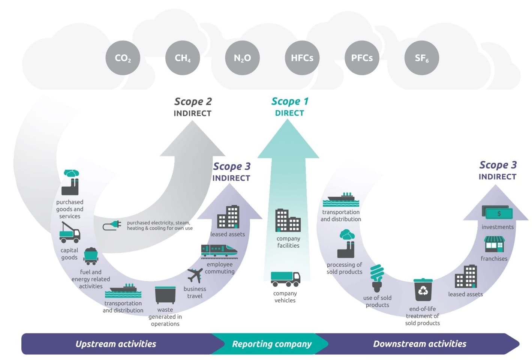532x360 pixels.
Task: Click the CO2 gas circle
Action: (x=123, y=58)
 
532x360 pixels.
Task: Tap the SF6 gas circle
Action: (x=421, y=58)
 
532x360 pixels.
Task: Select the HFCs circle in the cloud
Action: (x=302, y=58)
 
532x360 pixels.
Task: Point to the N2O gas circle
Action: (x=242, y=58)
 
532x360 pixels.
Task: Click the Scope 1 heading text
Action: (x=290, y=102)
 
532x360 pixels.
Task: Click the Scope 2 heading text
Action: (x=193, y=102)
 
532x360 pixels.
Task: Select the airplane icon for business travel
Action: (x=195, y=276)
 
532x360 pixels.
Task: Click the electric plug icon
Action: (x=112, y=225)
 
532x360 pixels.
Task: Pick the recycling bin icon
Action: (x=423, y=290)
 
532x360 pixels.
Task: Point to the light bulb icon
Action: (x=377, y=278)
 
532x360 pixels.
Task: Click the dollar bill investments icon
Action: (x=498, y=212)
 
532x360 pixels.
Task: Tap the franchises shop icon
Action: (x=494, y=244)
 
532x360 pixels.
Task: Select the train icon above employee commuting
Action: (x=219, y=251)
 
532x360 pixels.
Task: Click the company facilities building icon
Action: (x=288, y=220)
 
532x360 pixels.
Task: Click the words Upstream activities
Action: (x=116, y=344)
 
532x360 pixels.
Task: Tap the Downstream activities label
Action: (x=420, y=344)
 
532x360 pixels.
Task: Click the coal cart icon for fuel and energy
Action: (x=91, y=256)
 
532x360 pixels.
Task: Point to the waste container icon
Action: (x=165, y=295)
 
